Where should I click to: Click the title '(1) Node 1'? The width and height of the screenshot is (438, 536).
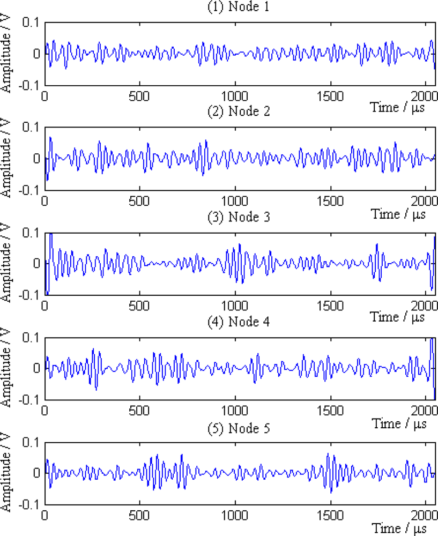click(x=240, y=7)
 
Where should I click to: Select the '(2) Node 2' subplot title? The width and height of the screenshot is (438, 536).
click(x=240, y=112)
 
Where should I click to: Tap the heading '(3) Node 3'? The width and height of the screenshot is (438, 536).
click(x=240, y=217)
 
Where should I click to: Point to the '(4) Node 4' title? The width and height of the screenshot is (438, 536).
click(x=240, y=322)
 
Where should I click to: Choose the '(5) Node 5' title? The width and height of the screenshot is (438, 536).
click(x=240, y=427)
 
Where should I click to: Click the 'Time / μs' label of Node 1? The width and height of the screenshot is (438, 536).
click(x=397, y=106)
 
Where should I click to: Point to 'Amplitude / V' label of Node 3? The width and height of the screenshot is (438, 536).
click(x=8, y=263)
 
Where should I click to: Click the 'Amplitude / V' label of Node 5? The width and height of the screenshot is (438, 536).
click(x=8, y=473)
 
